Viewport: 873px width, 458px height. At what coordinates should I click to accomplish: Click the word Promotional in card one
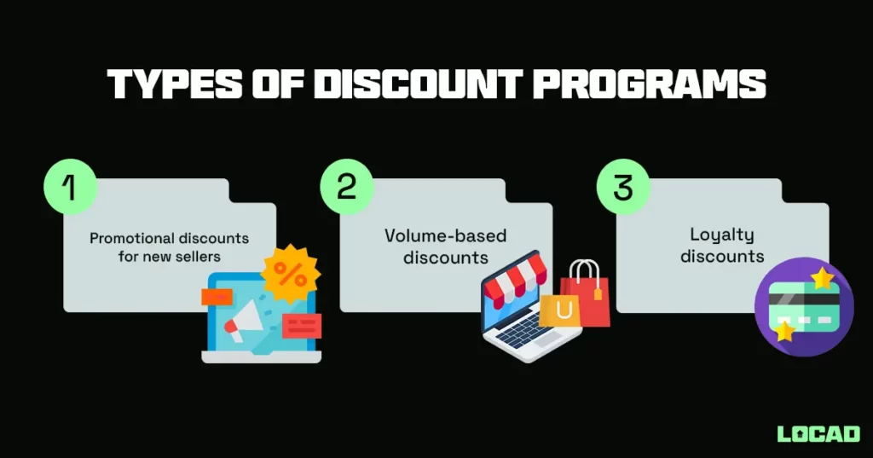pos(127,238)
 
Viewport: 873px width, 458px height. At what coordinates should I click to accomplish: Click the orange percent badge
pos(291,274)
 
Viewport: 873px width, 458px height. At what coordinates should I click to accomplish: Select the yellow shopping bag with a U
pos(560,312)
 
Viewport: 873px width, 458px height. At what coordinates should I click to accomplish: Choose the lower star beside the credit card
pos(782,332)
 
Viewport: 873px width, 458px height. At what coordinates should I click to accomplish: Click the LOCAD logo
pos(818,433)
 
